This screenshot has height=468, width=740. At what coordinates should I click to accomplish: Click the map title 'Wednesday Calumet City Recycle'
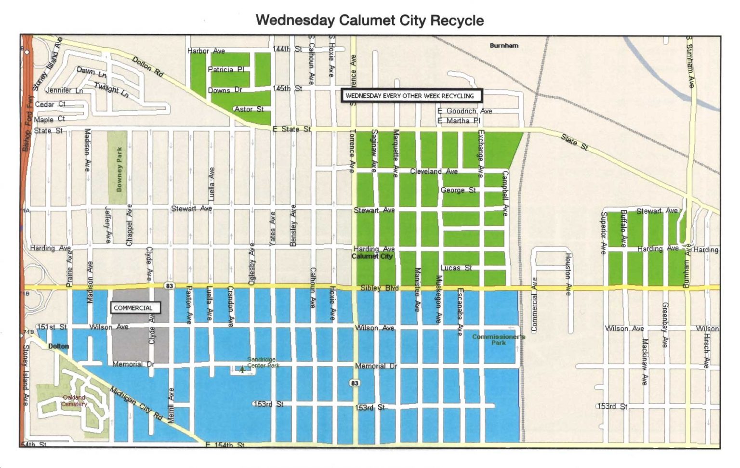pos(370,20)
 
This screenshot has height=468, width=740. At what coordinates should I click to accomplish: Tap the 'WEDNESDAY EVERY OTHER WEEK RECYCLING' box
pos(410,96)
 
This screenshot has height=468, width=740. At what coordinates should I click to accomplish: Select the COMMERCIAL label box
pos(134,308)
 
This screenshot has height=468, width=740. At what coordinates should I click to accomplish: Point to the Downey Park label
pos(119,169)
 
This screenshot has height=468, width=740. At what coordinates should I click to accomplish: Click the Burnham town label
pos(504,45)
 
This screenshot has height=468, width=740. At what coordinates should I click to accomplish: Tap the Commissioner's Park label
pos(498,339)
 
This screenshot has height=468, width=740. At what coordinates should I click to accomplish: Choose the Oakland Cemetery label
pos(74,401)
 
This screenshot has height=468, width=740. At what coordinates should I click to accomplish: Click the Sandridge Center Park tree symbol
pos(242,370)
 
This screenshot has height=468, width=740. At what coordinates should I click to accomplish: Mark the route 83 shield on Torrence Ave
pos(355,383)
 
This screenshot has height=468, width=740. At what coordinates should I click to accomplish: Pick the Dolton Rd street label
pos(147,66)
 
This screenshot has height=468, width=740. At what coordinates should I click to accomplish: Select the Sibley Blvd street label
pos(379,288)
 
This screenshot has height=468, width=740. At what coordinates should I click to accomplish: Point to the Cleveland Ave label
pos(434,171)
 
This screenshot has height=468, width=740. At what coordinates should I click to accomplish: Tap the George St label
pos(458,190)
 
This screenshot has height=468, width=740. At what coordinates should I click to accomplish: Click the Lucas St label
pos(456,268)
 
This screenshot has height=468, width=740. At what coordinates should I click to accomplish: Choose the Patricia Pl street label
pos(225,70)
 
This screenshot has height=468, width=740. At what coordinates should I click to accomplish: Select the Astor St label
pos(249,109)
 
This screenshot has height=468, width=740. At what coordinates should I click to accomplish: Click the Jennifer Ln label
pos(64,91)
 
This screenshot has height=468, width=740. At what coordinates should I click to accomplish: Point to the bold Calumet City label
pos(372,256)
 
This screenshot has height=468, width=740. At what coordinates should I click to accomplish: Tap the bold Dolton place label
pos(58,346)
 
